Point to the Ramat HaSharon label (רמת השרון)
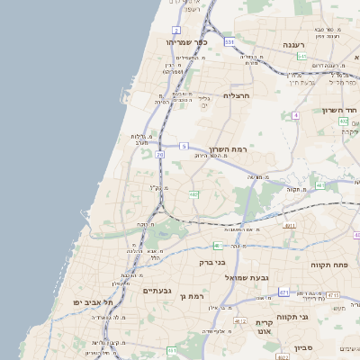[228, 148]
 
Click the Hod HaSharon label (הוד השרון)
[340, 110]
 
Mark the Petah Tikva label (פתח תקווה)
[329, 265]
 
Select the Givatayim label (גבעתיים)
[157, 291]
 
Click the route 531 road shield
[229, 41]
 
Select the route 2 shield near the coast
[176, 31]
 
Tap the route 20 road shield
[159, 155]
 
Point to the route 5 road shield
[184, 146]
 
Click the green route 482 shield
[193, 193]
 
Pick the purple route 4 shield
[295, 115]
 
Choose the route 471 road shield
[284, 292]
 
